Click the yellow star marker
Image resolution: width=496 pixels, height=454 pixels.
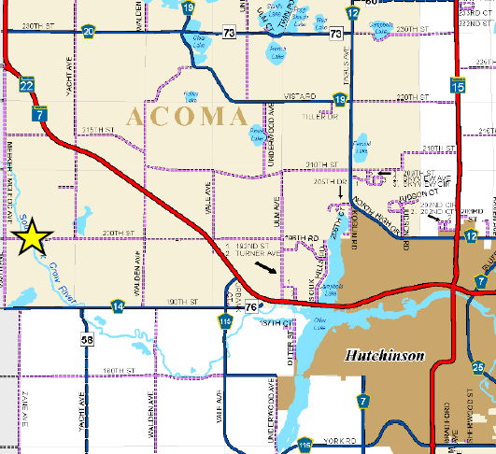32,237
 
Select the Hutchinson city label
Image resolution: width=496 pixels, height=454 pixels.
385,356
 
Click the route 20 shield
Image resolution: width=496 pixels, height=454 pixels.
88,32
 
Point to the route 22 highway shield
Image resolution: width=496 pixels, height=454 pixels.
26,85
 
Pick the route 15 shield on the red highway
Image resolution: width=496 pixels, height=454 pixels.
457,87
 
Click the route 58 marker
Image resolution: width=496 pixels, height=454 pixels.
86,340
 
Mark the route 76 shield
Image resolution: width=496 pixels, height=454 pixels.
249,307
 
